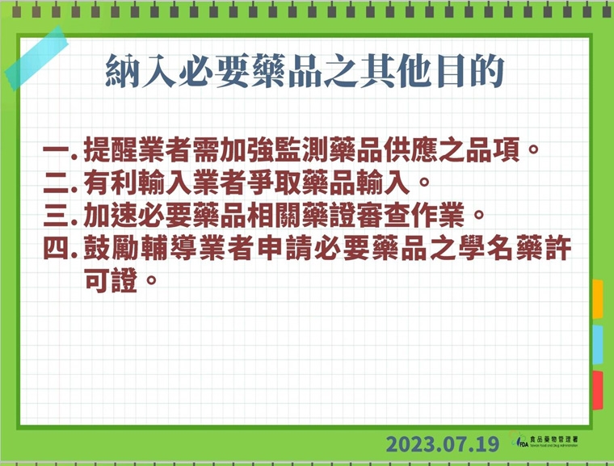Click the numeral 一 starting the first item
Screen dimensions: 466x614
58,150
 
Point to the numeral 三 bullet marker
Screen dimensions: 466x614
58,216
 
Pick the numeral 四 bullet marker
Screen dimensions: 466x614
58,249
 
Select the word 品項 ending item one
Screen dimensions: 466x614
507,150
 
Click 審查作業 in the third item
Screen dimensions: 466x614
410,216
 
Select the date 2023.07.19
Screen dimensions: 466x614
443,443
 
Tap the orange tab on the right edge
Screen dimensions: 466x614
598,299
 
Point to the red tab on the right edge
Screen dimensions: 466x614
598,391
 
